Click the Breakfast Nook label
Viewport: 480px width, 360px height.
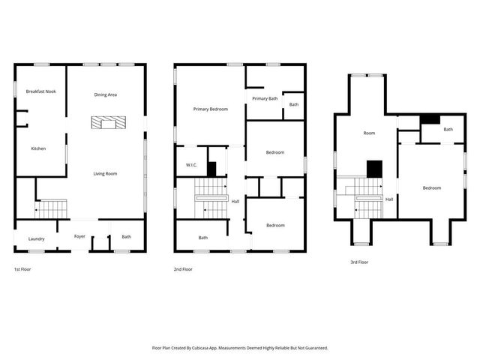(40, 91)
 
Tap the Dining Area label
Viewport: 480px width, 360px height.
(105, 94)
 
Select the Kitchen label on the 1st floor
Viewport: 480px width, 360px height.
(38, 148)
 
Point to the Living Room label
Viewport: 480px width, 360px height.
(105, 173)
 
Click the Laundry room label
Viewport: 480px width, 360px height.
(37, 239)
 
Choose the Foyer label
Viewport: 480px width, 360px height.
(79, 236)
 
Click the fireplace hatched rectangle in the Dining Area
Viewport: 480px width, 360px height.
(105, 123)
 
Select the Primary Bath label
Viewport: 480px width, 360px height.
(265, 98)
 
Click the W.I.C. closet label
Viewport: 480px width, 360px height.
(191, 165)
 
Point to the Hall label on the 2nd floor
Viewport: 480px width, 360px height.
(235, 201)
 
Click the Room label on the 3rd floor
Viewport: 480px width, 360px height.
(369, 133)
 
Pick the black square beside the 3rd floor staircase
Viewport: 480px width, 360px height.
(374, 169)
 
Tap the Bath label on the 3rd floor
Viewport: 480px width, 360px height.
(448, 129)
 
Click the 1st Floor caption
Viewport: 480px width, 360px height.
(22, 269)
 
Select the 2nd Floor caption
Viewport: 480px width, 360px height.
(183, 269)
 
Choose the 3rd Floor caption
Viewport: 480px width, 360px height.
(359, 262)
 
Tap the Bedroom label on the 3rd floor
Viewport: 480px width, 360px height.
(431, 187)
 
